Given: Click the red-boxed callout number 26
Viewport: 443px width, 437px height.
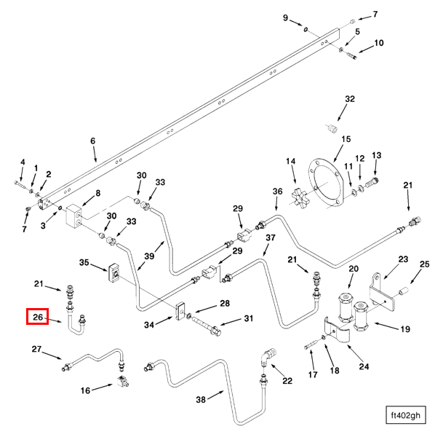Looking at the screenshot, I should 38,317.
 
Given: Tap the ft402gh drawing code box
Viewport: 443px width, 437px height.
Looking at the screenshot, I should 405,416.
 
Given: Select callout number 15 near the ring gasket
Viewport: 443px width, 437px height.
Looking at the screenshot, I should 346,139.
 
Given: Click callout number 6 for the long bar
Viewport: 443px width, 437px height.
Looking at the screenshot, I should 93,141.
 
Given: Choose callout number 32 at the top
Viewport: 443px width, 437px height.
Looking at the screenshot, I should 350,98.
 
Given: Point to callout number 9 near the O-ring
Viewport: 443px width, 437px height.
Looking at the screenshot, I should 285,17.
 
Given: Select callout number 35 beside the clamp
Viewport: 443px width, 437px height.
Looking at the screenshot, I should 84,262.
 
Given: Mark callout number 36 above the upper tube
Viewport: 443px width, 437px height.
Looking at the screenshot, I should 277,192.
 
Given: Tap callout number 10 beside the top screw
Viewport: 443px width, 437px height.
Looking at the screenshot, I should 378,43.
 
